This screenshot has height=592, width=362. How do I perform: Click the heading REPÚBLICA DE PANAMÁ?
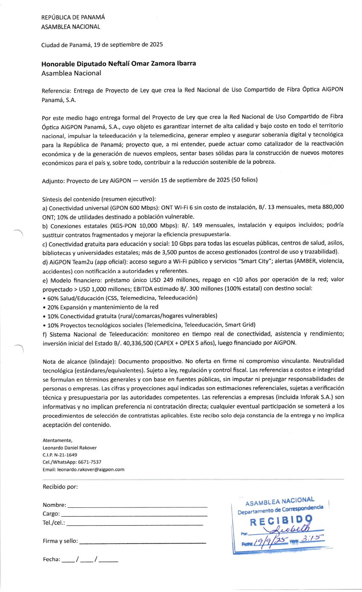pos(73,17)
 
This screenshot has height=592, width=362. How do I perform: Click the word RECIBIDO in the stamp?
pos(281,521)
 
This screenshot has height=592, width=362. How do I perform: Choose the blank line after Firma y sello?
pos(143,543)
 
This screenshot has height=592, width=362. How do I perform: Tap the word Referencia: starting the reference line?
pos(57,91)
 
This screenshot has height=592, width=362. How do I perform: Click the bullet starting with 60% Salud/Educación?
pos(120,298)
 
